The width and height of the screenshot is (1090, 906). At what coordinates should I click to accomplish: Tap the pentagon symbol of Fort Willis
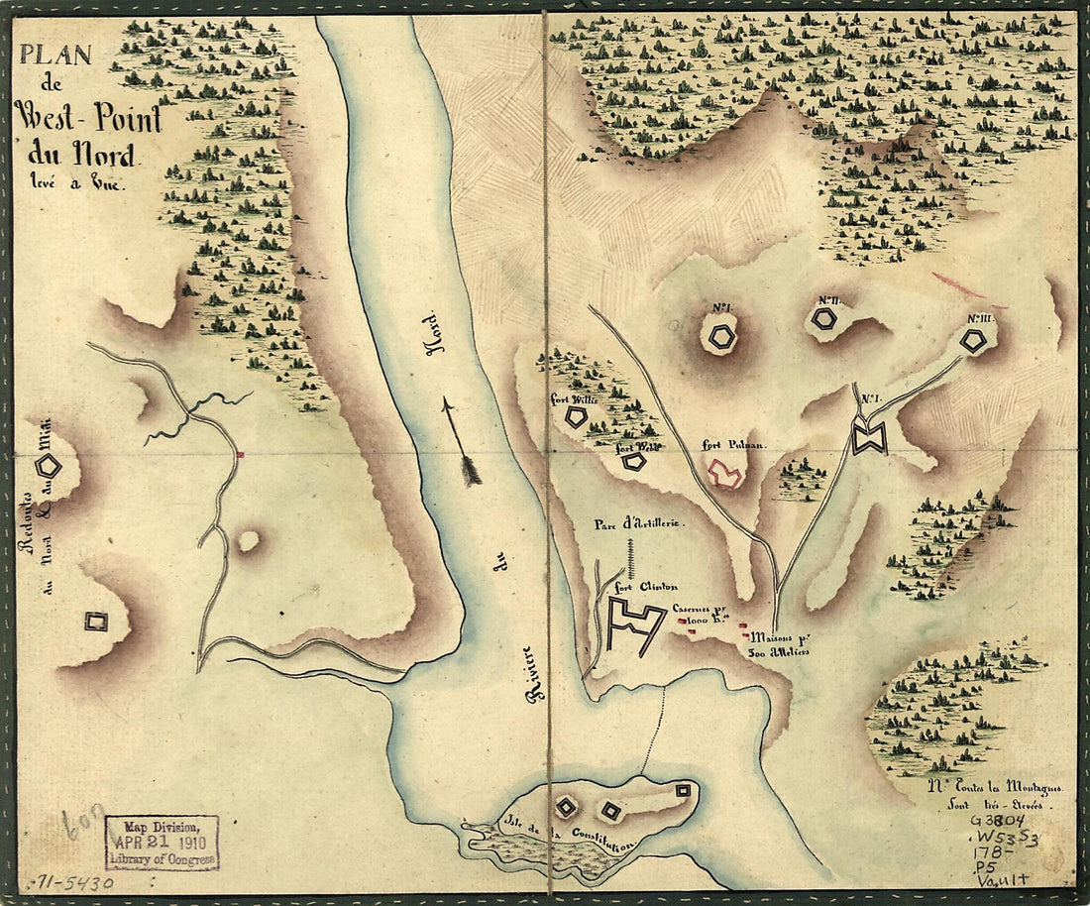[576, 417]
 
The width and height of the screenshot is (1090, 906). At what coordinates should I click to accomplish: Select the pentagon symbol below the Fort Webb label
[633, 461]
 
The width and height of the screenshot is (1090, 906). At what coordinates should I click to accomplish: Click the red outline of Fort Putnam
[725, 475]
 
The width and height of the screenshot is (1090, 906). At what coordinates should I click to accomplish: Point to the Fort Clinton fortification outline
[634, 625]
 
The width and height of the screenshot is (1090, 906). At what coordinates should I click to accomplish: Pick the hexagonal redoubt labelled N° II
[823, 318]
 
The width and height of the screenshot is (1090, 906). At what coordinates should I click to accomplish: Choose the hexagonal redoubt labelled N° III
[975, 340]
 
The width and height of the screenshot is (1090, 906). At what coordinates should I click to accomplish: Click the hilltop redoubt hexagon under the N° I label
[722, 337]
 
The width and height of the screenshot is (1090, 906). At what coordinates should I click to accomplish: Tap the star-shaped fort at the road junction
[869, 437]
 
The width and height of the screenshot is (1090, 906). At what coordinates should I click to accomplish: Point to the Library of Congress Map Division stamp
[162, 842]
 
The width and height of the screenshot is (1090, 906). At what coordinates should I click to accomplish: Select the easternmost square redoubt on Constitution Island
[683, 790]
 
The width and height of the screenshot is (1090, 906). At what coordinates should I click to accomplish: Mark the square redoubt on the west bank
[96, 622]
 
